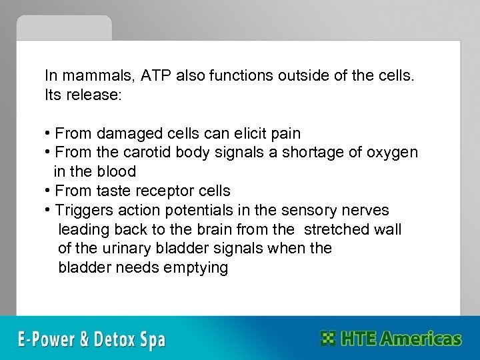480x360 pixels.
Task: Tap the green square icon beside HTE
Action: click(328, 338)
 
